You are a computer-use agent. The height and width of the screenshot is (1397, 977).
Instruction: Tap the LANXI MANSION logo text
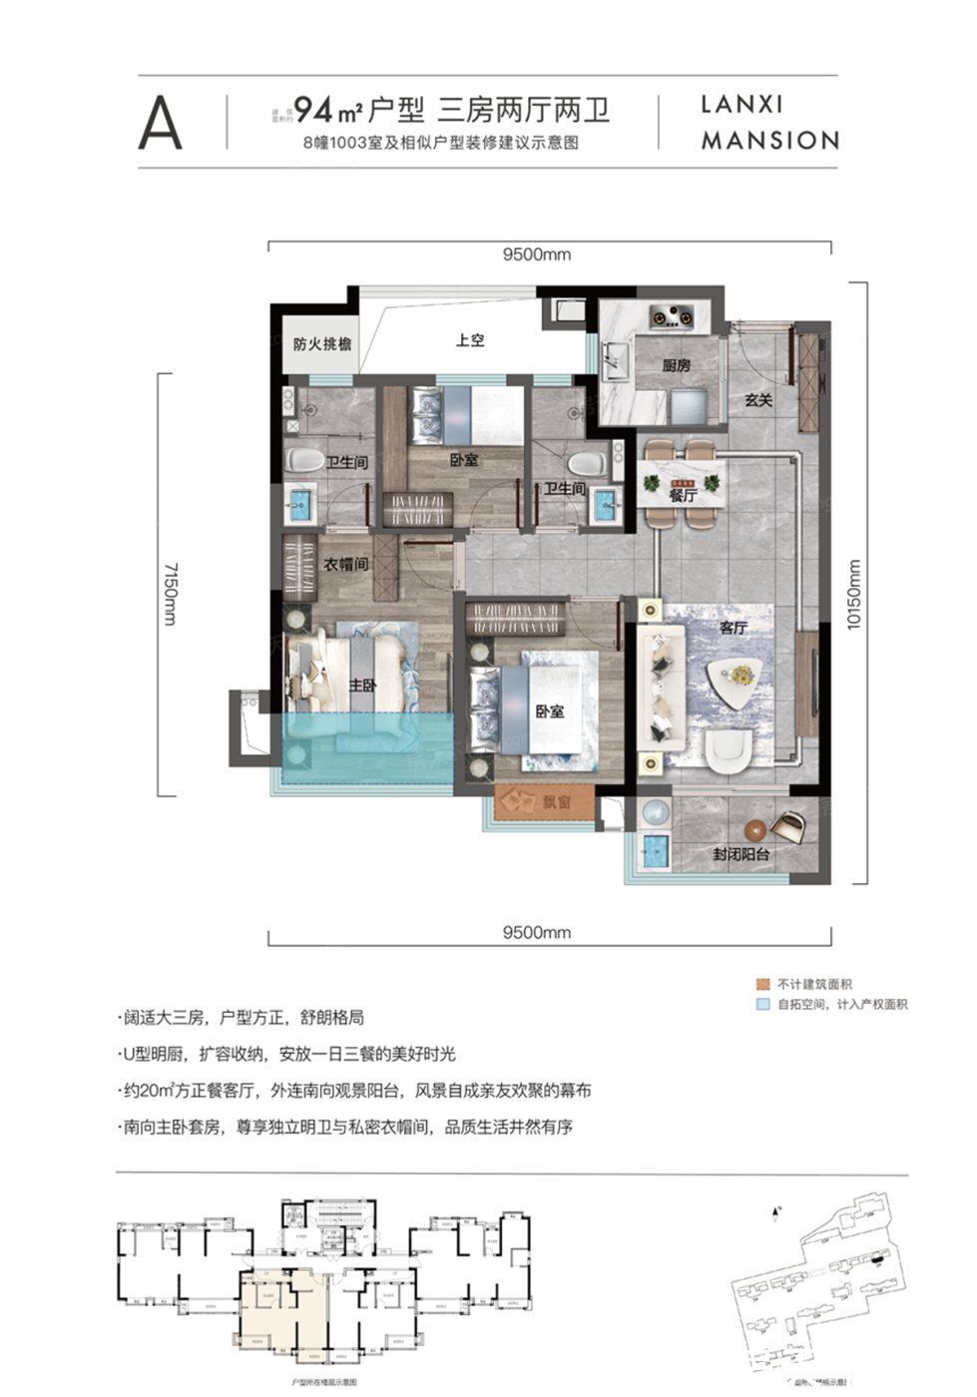(x=768, y=123)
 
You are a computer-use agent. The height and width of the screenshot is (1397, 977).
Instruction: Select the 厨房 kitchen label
(x=677, y=366)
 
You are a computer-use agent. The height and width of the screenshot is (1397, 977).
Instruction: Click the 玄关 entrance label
(x=758, y=400)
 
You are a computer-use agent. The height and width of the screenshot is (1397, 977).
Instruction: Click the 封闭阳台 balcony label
(x=739, y=855)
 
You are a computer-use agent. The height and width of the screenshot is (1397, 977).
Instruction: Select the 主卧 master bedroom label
(x=360, y=688)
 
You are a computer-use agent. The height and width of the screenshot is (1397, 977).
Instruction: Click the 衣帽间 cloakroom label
(x=346, y=564)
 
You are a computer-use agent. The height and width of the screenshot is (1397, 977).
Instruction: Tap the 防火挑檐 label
(x=322, y=343)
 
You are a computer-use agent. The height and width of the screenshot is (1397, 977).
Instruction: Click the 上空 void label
(x=469, y=340)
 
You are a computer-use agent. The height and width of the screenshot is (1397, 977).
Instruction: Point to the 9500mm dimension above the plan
(x=537, y=254)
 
